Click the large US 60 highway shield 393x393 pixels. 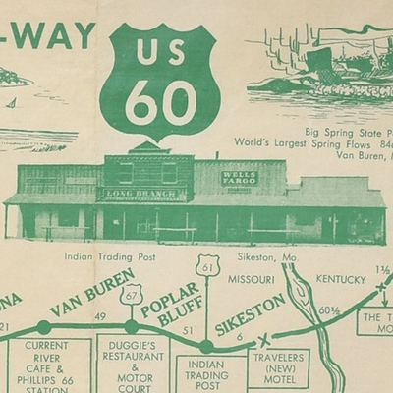163,79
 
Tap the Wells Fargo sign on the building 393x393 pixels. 240,179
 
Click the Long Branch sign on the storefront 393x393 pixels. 141,194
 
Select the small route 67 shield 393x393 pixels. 131,295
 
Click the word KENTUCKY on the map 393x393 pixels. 341,279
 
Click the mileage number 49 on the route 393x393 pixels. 99,316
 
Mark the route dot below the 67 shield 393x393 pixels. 132,327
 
